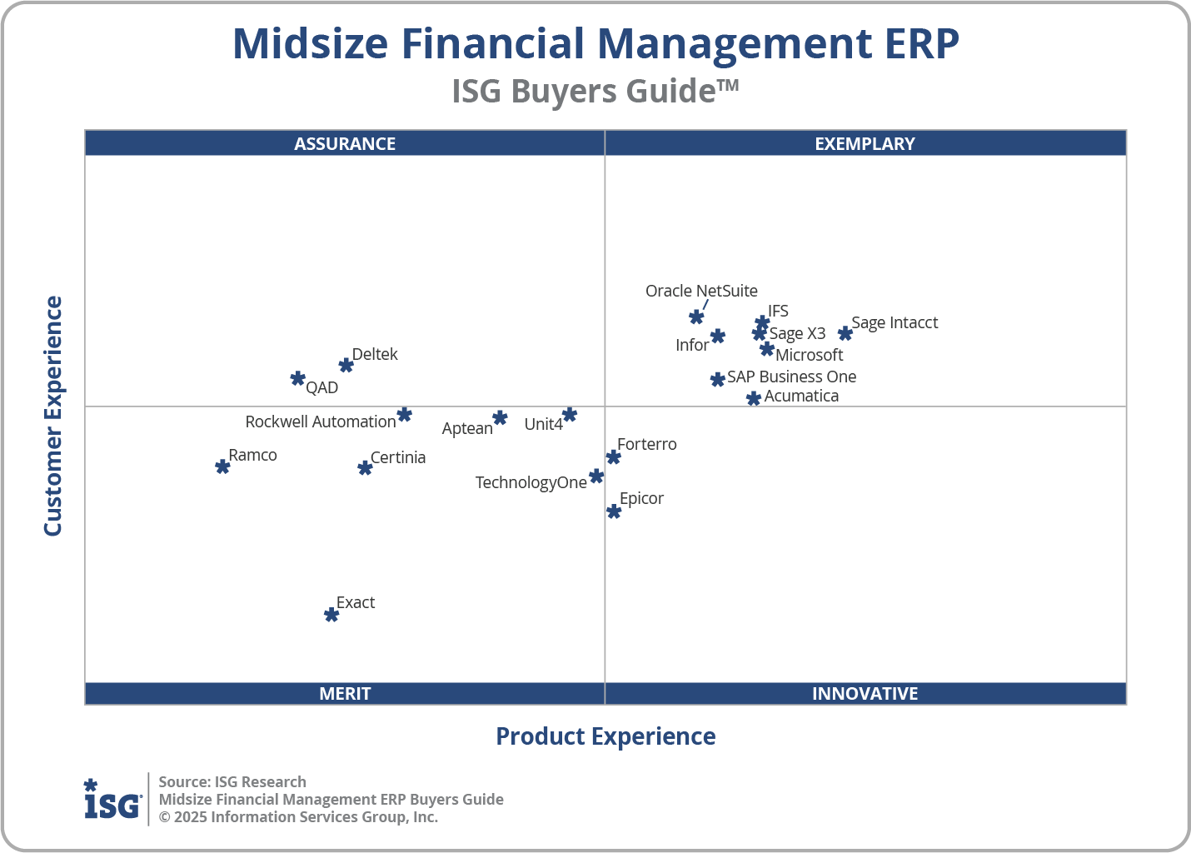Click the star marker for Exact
(x=331, y=615)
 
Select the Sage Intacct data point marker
(x=845, y=333)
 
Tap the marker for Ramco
(x=222, y=466)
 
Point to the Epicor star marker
(x=614, y=511)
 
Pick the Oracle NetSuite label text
(x=701, y=291)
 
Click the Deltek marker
(x=346, y=365)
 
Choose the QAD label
(x=321, y=387)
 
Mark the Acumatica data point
(x=754, y=398)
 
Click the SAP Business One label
(x=791, y=377)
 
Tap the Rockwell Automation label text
(x=320, y=422)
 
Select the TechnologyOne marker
(x=596, y=476)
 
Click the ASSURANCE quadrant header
(x=345, y=143)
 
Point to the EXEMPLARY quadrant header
(x=865, y=143)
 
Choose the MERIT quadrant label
(x=345, y=693)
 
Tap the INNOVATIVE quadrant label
(x=865, y=693)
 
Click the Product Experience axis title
(x=605, y=736)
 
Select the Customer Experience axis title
(x=53, y=417)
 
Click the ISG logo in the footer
(x=112, y=800)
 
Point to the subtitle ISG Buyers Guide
(x=595, y=91)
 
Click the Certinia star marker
(x=365, y=468)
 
